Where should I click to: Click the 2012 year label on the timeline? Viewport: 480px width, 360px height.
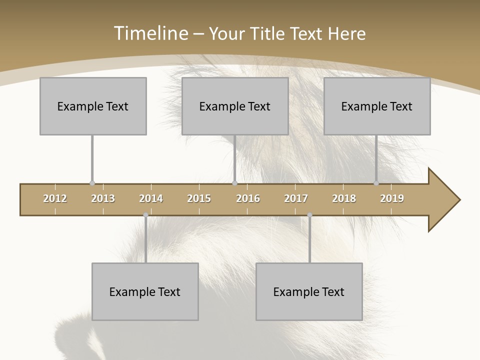tap(55, 198)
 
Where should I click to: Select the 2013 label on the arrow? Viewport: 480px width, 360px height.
tap(103, 198)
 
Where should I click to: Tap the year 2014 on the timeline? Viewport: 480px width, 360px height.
tap(151, 198)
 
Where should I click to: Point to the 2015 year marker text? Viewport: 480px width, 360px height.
tap(199, 198)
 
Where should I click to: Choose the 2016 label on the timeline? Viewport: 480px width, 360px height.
tap(248, 198)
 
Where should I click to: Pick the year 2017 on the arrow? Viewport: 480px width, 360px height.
tap(296, 198)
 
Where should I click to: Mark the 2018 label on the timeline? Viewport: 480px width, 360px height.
tap(344, 198)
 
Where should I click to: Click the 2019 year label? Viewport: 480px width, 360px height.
tap(392, 198)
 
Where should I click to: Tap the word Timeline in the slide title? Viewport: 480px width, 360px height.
tap(149, 33)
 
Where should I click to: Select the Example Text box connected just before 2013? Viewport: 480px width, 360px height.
tap(93, 106)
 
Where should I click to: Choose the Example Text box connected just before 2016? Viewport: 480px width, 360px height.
tap(235, 106)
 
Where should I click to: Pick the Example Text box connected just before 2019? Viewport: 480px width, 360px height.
tap(377, 106)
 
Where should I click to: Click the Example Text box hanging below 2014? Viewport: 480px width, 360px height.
tap(145, 291)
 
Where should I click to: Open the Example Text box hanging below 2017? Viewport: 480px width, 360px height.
tap(309, 291)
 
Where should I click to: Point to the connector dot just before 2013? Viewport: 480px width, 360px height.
tap(92, 183)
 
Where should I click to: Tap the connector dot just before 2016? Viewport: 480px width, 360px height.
tap(235, 183)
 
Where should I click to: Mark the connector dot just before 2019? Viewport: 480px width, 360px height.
tap(376, 183)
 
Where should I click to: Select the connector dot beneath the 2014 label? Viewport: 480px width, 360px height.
tap(145, 215)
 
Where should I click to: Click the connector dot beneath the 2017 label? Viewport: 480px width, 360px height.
tap(309, 215)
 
